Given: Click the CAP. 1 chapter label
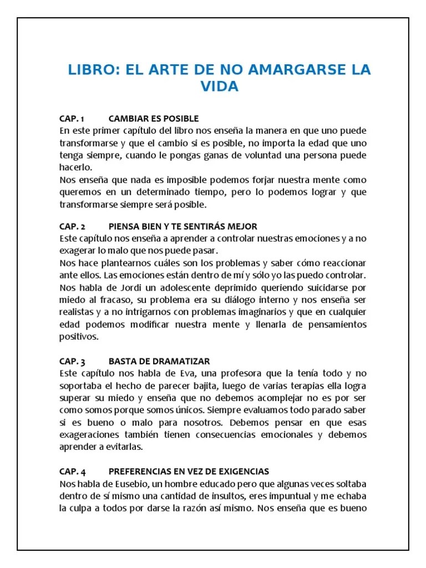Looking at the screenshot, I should click(x=72, y=119).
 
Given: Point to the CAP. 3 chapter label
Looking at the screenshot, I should click(x=72, y=361).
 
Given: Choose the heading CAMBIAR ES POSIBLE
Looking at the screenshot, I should click(x=154, y=119).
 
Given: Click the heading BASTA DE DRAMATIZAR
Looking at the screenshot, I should click(x=159, y=361).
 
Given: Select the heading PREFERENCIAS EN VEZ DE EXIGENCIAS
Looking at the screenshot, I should click(x=189, y=471).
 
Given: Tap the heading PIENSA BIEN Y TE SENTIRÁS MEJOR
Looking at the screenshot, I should click(x=183, y=226).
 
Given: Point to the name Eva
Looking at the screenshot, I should click(x=170, y=373).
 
